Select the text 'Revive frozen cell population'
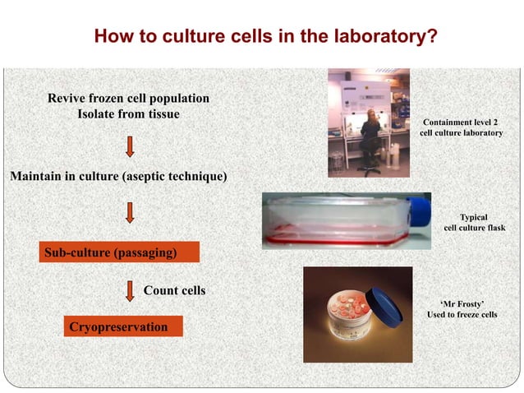click(x=128, y=99)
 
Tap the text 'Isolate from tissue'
click(x=128, y=114)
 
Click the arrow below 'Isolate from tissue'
click(x=129, y=146)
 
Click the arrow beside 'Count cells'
click(x=130, y=291)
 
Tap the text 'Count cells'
click(x=174, y=290)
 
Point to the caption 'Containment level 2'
click(x=461, y=122)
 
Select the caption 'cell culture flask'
click(x=474, y=228)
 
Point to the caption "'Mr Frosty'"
click(x=462, y=303)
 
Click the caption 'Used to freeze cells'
click(x=462, y=315)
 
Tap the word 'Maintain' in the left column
click(x=36, y=176)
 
